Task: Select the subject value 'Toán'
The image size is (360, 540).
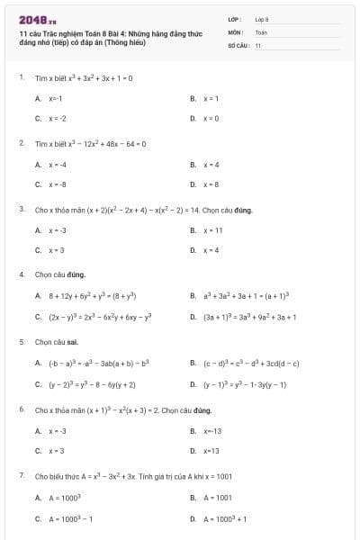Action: click(261, 31)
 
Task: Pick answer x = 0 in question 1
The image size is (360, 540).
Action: click(211, 118)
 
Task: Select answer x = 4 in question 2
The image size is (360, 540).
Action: click(211, 165)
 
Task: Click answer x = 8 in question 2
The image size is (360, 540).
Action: click(211, 184)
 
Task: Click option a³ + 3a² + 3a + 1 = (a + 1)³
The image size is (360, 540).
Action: click(245, 295)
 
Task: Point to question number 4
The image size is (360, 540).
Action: click(21, 274)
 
